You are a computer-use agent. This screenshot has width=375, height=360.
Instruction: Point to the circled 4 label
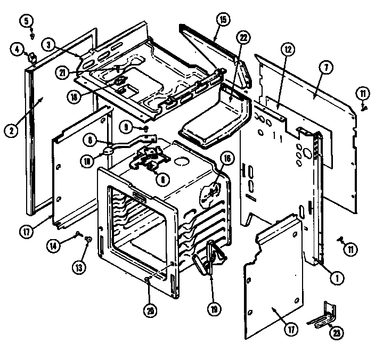(17, 51)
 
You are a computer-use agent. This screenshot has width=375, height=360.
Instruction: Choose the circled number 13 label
(79, 268)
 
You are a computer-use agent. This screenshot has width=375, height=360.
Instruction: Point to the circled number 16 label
(226, 158)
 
